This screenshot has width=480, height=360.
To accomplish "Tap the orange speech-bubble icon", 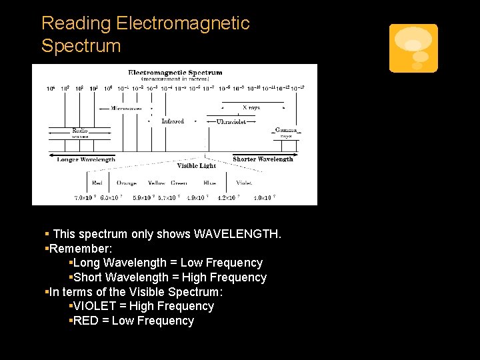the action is tap(413, 48).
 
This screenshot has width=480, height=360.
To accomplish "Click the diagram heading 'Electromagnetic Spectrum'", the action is tap(175, 73).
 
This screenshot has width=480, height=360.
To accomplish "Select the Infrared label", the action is tap(173, 121).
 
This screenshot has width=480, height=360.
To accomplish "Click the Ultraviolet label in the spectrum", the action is tap(231, 122).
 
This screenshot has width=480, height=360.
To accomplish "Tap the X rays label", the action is tap(251, 107).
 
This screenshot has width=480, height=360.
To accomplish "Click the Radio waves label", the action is tap(79, 133).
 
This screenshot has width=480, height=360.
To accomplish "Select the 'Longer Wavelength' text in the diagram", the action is tap(86, 159).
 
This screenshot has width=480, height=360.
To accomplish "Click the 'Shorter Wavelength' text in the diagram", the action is tap(263, 159).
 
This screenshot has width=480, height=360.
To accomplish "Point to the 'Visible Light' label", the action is tap(196, 165).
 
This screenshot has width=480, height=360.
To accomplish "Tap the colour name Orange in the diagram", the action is tap(126, 183).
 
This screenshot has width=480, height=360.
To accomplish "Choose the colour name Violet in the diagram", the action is tap(244, 183).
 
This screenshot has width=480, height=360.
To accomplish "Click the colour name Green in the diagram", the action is tap(179, 183).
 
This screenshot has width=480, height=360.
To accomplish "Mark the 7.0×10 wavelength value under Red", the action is tap(85, 197).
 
